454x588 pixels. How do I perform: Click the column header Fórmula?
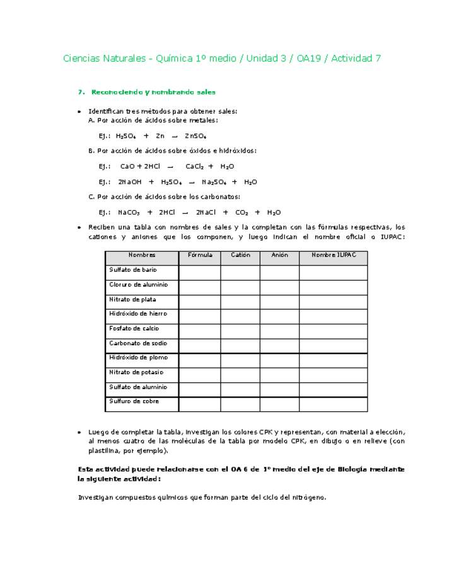tap(199, 256)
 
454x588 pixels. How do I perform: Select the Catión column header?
tap(240, 256)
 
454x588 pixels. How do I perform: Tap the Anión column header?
tap(279, 256)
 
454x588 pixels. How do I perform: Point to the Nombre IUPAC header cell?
tap(333, 256)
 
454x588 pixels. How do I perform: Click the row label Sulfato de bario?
tap(133, 270)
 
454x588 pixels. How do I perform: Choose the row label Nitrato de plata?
tap(132, 300)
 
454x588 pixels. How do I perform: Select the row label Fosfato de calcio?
tap(134, 329)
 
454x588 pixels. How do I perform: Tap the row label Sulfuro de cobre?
tap(134, 402)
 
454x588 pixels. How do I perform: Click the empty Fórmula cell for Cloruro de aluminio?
tap(199, 285)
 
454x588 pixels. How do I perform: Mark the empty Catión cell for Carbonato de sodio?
tap(240, 344)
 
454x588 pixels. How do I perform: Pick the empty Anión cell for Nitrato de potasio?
tap(279, 373)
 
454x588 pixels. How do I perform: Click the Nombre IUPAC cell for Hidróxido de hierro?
tap(333, 314)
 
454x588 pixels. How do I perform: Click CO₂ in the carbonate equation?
tap(242, 213)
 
